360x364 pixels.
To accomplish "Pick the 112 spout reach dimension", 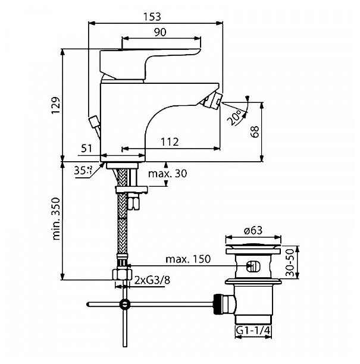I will pyautogui.click(x=170, y=141).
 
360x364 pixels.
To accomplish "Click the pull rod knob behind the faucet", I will pyautogui.click(x=93, y=123).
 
